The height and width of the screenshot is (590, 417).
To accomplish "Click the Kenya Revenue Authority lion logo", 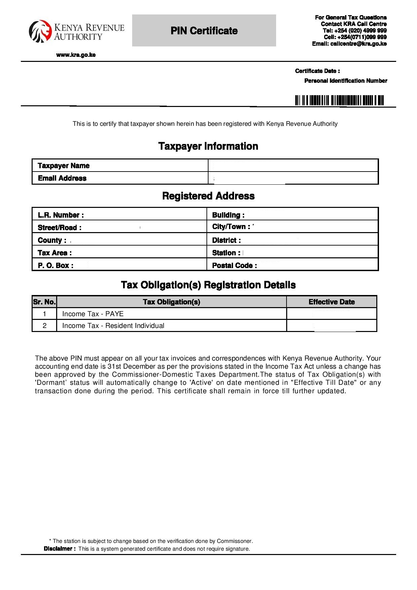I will click(x=40, y=32).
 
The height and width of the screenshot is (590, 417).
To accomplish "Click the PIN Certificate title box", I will click(x=204, y=31).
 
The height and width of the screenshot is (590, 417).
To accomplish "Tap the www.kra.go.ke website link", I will click(x=76, y=55).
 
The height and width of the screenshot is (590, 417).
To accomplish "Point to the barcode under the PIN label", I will click(x=339, y=101).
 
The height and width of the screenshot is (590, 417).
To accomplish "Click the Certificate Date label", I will click(x=317, y=71).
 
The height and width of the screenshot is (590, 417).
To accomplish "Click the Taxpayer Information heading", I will click(x=208, y=146).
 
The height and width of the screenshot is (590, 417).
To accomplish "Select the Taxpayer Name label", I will click(x=64, y=165).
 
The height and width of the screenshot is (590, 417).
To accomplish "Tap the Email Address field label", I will click(x=62, y=178).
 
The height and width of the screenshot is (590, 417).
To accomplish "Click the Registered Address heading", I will click(x=208, y=196).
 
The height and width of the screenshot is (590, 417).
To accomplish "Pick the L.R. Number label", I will click(x=61, y=215).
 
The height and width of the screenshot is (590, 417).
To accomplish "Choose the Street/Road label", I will click(x=60, y=228).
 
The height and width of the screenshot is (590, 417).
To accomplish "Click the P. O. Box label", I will click(x=55, y=265).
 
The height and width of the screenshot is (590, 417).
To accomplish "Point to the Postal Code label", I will click(x=234, y=265).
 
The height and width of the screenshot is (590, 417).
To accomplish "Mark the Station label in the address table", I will click(x=226, y=253).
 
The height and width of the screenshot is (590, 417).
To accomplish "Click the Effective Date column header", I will click(x=332, y=302).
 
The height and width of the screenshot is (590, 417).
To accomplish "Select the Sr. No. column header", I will click(x=44, y=302).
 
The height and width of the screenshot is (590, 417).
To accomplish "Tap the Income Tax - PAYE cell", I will click(x=93, y=314).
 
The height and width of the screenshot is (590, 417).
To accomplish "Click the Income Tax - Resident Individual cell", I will click(x=113, y=326).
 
